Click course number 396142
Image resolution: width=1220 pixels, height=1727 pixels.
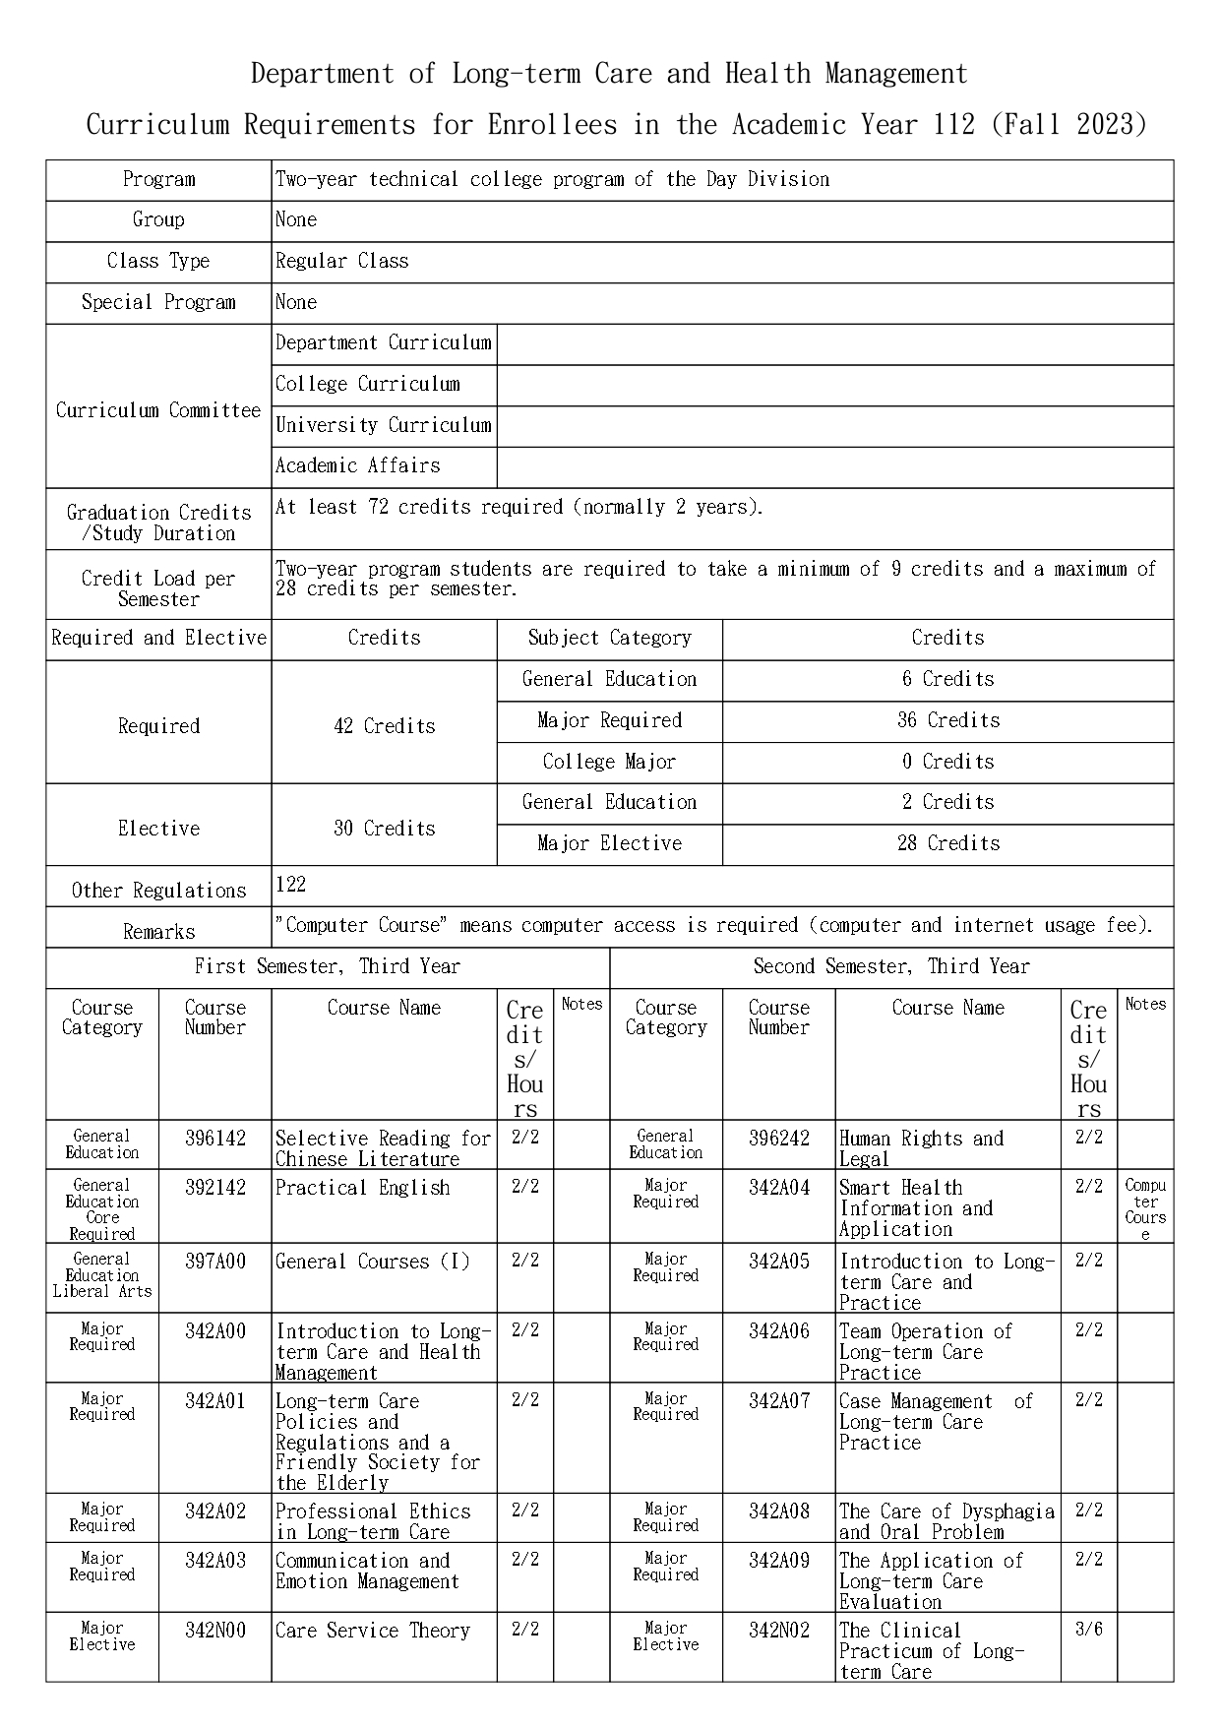(x=214, y=1139)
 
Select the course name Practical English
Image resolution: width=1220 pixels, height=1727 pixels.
(x=362, y=1188)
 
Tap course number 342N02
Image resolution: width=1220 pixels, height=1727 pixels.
(x=778, y=1631)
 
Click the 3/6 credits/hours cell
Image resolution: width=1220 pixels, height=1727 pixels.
(x=1088, y=1630)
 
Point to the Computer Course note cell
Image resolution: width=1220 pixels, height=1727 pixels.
(x=1145, y=1208)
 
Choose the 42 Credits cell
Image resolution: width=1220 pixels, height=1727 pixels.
(x=384, y=726)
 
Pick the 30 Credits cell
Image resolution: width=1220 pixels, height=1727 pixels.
(x=384, y=829)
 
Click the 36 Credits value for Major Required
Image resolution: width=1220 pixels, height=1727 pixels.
(x=947, y=720)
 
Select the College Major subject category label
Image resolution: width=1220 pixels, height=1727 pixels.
(x=609, y=762)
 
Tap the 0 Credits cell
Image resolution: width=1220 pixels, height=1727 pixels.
(x=947, y=762)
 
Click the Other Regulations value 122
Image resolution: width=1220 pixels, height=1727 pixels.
(x=291, y=885)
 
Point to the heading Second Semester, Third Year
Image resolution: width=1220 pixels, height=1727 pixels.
(x=890, y=966)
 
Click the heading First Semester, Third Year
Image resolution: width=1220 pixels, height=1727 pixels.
(x=327, y=966)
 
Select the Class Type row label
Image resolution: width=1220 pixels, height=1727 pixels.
(x=158, y=261)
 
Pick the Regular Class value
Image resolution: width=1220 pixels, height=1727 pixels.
(x=341, y=261)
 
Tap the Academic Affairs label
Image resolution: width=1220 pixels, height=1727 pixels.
(x=357, y=465)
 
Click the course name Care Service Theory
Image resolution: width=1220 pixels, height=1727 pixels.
(x=373, y=1631)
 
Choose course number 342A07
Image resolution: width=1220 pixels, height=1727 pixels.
(x=778, y=1400)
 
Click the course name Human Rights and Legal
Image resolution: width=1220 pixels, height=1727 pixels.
(x=920, y=1148)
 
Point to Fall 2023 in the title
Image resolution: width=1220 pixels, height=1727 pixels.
(x=1069, y=125)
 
